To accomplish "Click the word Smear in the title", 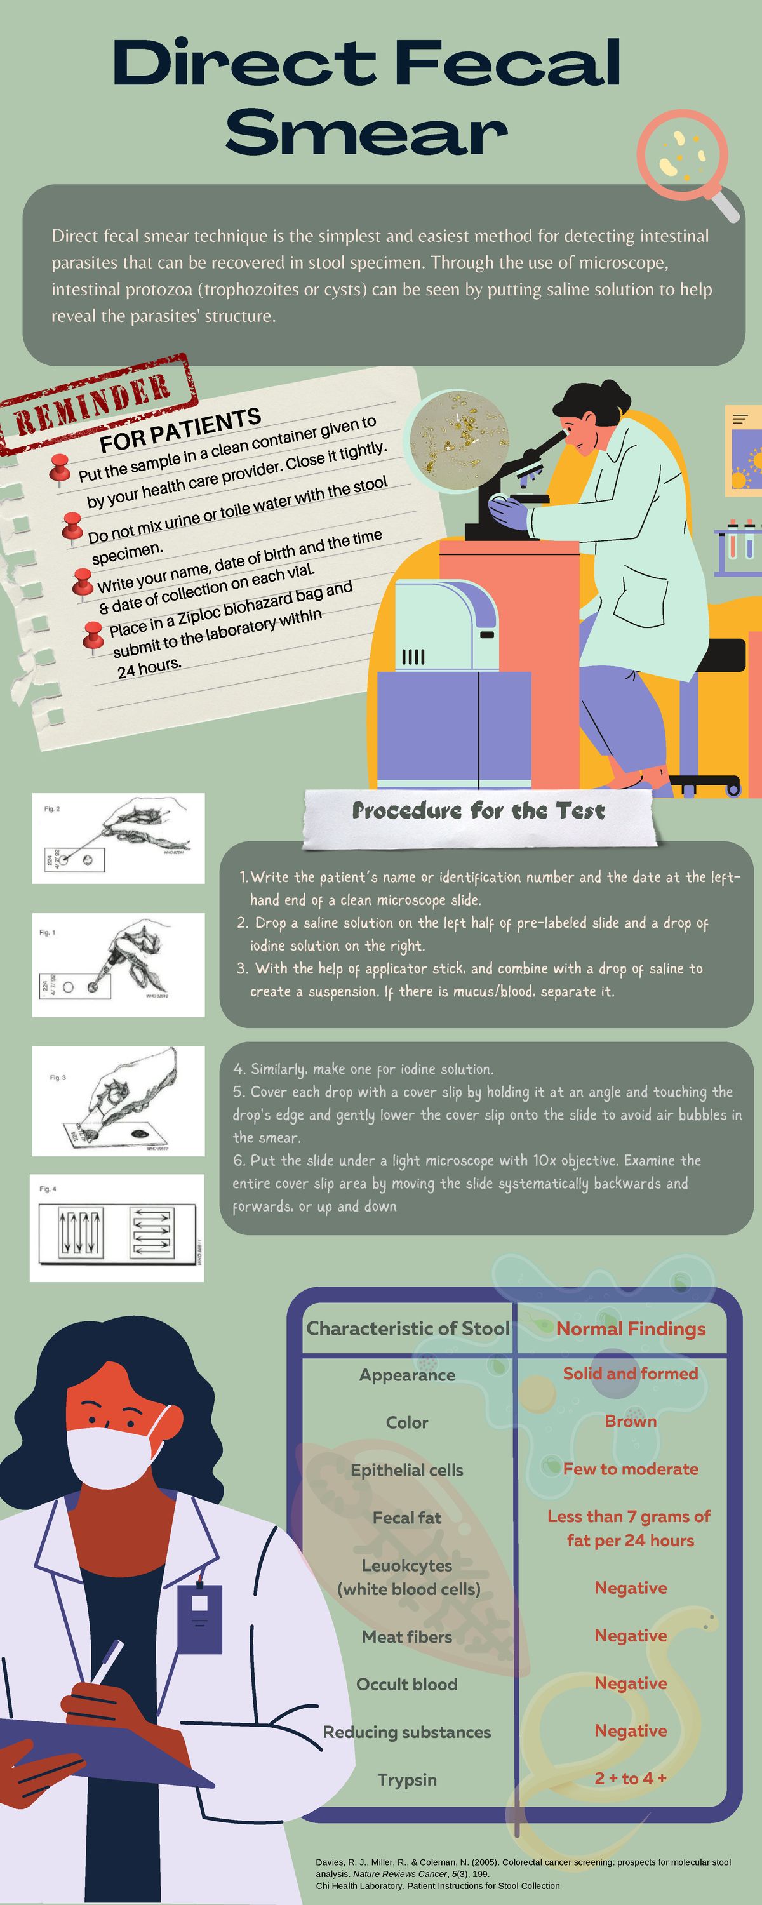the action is (x=366, y=133).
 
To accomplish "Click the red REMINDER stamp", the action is (x=98, y=403).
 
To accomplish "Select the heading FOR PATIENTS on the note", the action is (x=180, y=430).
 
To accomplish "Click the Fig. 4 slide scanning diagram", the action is (x=117, y=1227).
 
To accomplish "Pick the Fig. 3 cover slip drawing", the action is (x=118, y=1100).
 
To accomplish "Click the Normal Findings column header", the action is (x=631, y=1329).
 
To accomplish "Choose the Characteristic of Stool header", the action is (x=408, y=1328).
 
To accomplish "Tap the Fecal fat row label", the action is (x=407, y=1518).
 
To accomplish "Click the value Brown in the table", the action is (x=631, y=1421).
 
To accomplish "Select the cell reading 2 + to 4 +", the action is (x=631, y=1779).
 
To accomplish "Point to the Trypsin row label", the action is (x=407, y=1780).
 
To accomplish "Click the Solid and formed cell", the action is (x=631, y=1374).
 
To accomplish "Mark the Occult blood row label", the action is (x=407, y=1684).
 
